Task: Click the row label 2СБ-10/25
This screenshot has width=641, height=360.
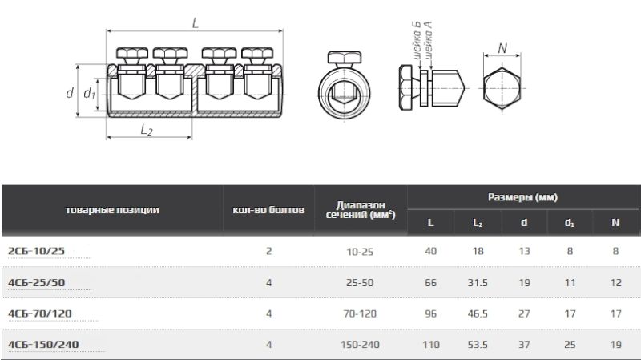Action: point(36,251)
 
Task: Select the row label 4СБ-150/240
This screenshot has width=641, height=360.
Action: point(43,345)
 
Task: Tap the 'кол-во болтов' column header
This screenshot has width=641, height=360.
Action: point(268,210)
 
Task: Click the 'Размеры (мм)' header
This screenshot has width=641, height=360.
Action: point(522,197)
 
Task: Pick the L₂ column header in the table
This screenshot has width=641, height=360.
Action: point(478,223)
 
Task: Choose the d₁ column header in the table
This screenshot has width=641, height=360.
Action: point(570,223)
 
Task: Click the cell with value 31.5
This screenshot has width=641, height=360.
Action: point(478,283)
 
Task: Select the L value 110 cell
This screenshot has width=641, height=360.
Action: point(431,345)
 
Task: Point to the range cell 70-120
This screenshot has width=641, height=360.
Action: point(360,313)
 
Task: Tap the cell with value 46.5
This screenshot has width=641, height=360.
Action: point(478,313)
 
